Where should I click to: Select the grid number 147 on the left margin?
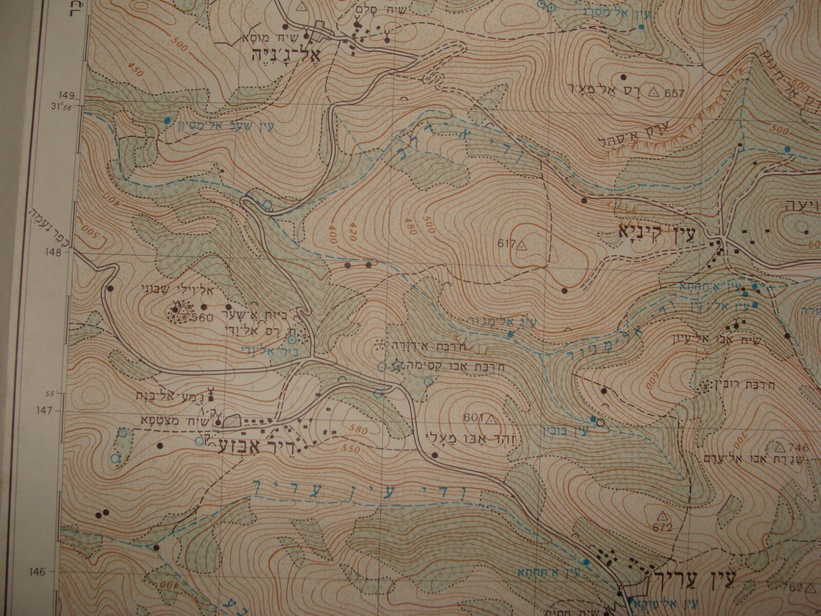53,409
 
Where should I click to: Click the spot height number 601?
472,418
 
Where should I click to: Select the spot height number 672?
662,527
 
